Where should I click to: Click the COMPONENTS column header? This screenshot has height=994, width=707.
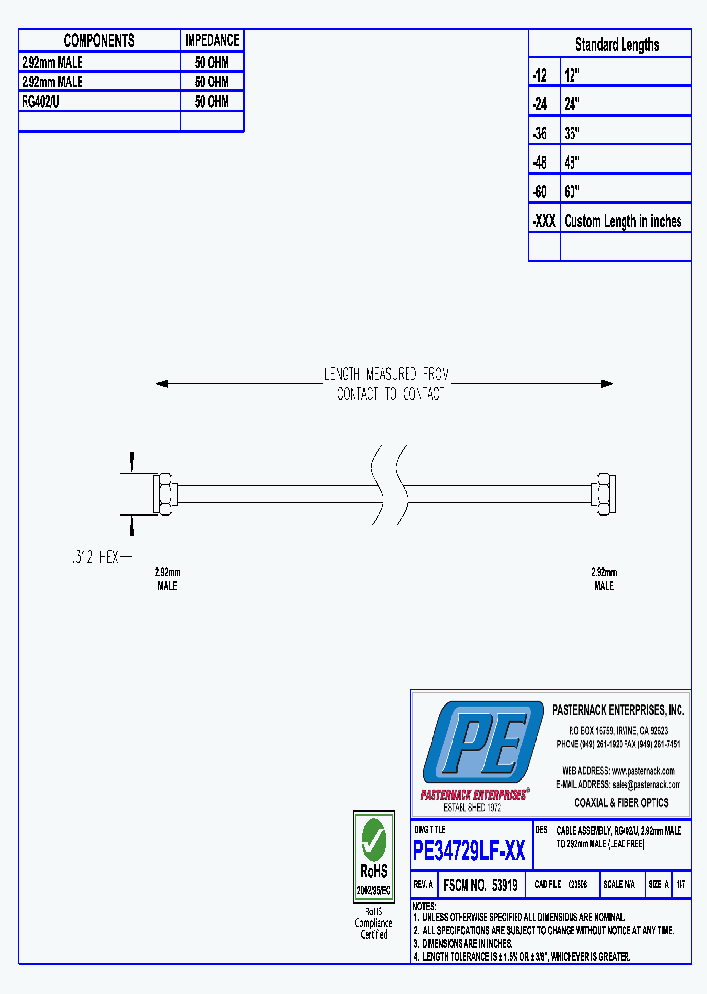(98, 40)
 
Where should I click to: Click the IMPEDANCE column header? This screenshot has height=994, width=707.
(211, 40)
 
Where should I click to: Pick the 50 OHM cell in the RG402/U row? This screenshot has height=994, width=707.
(211, 101)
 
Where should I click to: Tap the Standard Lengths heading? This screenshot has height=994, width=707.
(617, 44)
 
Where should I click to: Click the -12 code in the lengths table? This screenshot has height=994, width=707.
(539, 75)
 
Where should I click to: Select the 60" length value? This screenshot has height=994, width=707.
(572, 192)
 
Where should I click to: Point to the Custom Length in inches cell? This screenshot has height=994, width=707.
(623, 221)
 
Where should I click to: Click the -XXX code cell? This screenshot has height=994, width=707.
(544, 221)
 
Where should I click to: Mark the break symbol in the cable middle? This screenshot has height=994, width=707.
(387, 486)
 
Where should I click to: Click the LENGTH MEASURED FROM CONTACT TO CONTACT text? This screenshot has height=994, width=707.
(386, 384)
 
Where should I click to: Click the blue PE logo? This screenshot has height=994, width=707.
(481, 745)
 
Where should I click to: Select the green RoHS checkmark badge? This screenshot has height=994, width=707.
(373, 841)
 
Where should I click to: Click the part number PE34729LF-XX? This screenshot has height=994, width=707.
(469, 851)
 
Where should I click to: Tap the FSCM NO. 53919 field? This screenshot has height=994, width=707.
(480, 885)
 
